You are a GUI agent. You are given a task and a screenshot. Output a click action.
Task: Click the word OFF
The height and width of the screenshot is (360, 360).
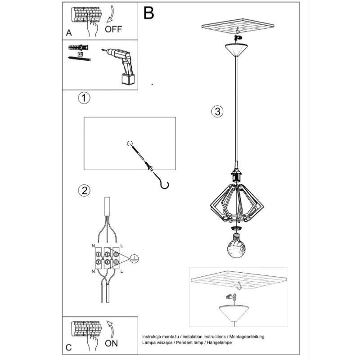(x=113, y=29)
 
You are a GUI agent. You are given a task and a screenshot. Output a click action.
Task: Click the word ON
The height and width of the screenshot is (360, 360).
(x=111, y=343)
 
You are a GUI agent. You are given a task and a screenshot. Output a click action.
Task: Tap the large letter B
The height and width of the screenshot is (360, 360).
(x=148, y=13)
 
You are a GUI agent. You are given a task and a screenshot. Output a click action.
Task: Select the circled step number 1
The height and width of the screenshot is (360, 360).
(x=84, y=98)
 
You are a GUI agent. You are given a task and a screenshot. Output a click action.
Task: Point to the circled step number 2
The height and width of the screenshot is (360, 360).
(x=84, y=190)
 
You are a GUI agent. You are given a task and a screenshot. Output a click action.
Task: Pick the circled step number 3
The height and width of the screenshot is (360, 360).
(x=217, y=112)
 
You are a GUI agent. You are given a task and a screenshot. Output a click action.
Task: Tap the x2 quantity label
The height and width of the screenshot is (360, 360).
(x=81, y=54)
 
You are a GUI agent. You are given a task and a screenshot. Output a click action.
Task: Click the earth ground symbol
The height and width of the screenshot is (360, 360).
(x=134, y=259)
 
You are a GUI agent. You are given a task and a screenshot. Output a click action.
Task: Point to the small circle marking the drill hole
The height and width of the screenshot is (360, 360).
(x=130, y=144)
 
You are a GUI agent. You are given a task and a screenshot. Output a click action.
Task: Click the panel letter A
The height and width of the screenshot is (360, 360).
(x=69, y=33)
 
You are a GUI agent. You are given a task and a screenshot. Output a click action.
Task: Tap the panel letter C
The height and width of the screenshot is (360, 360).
(x=69, y=347)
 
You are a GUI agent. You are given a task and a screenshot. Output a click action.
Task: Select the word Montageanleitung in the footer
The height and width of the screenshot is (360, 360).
(x=247, y=337)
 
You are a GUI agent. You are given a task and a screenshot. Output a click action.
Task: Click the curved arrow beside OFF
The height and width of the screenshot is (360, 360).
(x=110, y=14)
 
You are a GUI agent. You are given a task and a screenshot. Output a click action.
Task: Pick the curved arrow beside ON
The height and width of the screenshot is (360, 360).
(x=111, y=329)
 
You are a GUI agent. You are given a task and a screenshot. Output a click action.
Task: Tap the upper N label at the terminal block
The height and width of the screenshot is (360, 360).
(x=93, y=246)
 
